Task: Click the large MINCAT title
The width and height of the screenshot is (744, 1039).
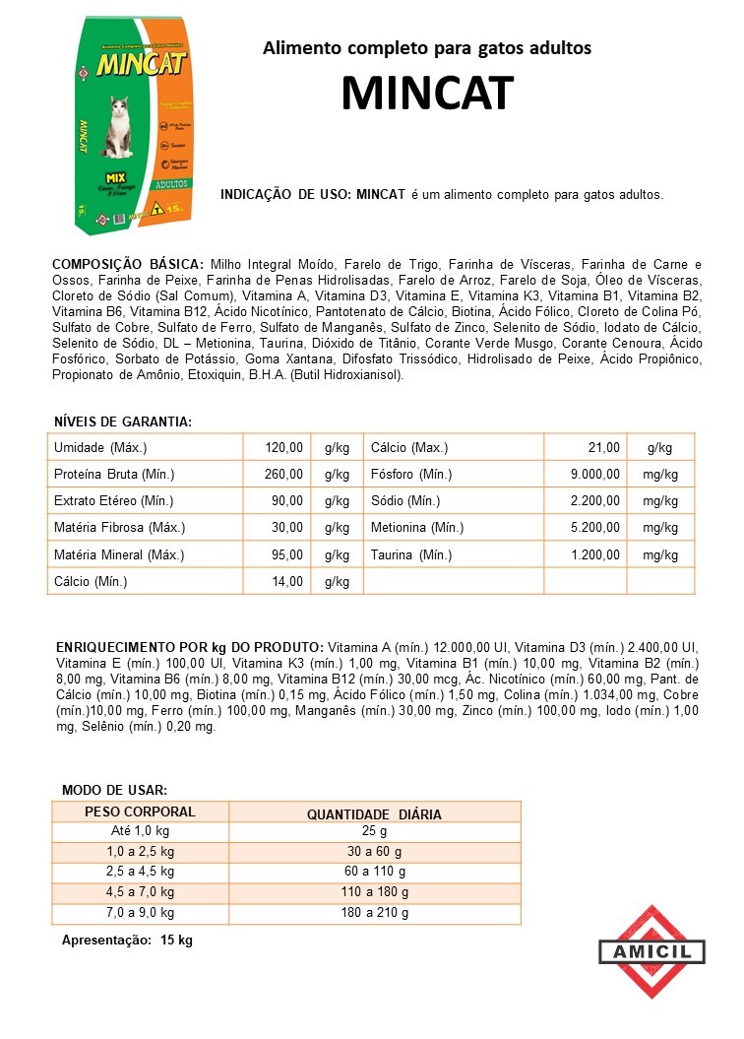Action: (x=427, y=94)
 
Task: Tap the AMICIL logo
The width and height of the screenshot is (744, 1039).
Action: (x=651, y=951)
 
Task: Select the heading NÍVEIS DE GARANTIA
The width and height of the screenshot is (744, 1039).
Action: (x=122, y=422)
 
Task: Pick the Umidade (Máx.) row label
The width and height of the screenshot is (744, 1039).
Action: (x=100, y=448)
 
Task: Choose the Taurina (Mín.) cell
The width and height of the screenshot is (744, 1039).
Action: (x=411, y=555)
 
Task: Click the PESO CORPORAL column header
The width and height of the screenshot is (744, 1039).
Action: (x=141, y=812)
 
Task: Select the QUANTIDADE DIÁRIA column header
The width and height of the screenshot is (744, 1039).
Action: (x=374, y=814)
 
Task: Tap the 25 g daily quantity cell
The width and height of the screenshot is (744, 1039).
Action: (x=374, y=832)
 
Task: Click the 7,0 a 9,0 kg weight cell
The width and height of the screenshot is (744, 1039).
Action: (x=141, y=913)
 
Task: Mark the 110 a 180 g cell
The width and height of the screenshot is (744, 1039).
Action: (x=374, y=892)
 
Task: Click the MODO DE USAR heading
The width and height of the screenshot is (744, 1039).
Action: (x=114, y=791)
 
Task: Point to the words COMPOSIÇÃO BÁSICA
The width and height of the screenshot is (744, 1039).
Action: (x=128, y=265)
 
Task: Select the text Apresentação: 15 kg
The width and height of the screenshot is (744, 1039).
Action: (x=127, y=941)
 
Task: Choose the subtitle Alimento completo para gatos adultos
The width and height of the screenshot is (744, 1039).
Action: (x=427, y=48)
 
